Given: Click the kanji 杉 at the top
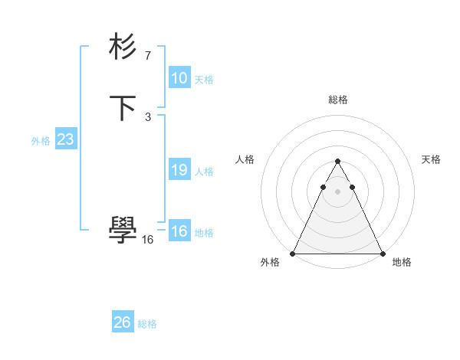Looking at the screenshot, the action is [123, 47].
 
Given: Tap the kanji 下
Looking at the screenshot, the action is [123, 108].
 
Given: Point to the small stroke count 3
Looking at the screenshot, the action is [147, 116].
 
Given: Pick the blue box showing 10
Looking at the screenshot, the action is [179, 77].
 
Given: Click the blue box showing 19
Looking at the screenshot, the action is [179, 170].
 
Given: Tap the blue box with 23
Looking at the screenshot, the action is [65, 140].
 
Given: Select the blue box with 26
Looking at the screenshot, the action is [122, 322].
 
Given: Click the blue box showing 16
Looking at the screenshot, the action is [179, 231].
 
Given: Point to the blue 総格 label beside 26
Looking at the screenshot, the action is [147, 324].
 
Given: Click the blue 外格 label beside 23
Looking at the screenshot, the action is [41, 141].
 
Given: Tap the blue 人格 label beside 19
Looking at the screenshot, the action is [204, 172].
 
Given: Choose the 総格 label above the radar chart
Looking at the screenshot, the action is [337, 100].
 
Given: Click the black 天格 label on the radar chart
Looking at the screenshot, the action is [432, 159].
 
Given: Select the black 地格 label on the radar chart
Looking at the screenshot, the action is [402, 262].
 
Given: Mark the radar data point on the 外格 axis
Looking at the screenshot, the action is [293, 254].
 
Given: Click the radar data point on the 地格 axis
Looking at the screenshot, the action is [382, 254].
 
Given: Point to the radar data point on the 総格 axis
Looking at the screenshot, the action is [337, 161].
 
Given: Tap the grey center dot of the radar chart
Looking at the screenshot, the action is [337, 191].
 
